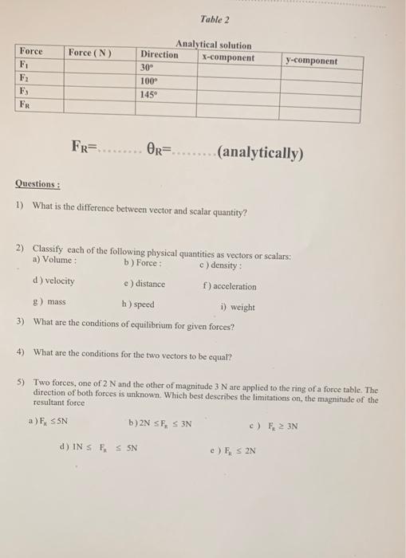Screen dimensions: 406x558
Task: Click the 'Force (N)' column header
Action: point(90,53)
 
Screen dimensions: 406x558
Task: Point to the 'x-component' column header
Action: point(228,58)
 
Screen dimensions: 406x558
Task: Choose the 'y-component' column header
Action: point(312,61)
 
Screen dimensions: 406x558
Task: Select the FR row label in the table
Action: point(28,104)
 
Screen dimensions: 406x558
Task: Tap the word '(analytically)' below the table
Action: point(259,151)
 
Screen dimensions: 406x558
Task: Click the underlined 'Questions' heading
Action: point(37,184)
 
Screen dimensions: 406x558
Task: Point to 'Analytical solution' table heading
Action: point(213,45)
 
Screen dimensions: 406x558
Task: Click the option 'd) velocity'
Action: point(53,281)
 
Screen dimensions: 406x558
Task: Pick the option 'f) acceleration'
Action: point(230,286)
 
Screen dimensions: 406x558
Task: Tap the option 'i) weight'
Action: point(237,307)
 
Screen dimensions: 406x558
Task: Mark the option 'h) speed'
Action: point(138,304)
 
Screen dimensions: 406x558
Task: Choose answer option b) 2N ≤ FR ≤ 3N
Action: point(160,422)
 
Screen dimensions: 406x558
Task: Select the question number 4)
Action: point(22,352)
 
